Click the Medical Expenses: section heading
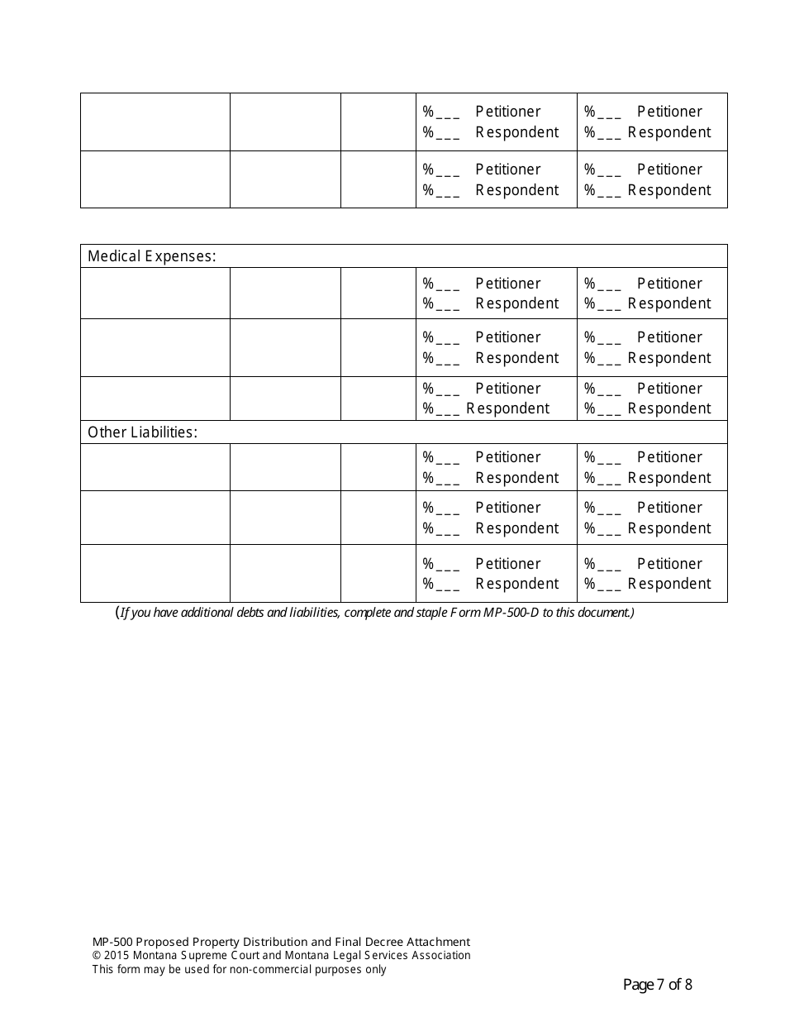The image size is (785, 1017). click(151, 256)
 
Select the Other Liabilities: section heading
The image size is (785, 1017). click(142, 432)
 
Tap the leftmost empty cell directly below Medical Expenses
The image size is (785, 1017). click(155, 294)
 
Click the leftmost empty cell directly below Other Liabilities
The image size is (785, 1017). click(155, 467)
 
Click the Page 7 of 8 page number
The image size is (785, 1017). click(657, 985)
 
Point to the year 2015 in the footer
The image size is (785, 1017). click(117, 956)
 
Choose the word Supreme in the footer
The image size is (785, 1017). click(201, 956)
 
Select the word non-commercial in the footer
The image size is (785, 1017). click(272, 970)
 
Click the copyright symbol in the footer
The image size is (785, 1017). click(96, 956)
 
